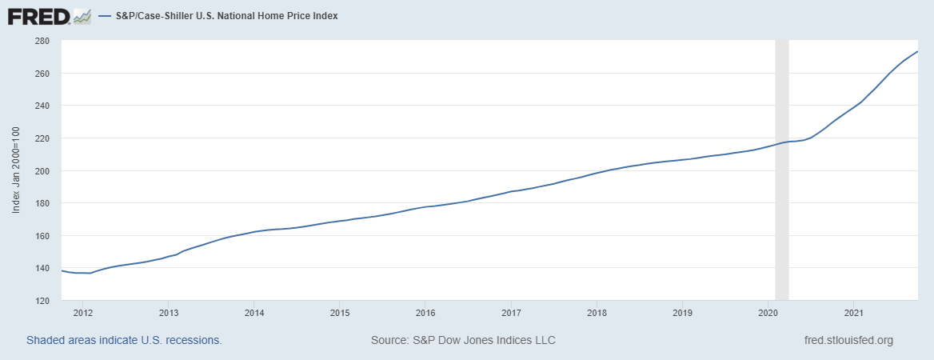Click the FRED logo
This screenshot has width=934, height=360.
[38, 15]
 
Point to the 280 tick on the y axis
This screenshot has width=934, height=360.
[43, 41]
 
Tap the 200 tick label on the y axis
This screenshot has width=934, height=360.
[43, 170]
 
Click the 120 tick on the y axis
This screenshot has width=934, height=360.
[43, 301]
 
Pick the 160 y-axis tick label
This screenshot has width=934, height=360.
[43, 236]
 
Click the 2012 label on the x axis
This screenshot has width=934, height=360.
[82, 311]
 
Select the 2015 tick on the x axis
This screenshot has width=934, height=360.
[340, 311]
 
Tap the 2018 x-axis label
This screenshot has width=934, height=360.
[597, 311]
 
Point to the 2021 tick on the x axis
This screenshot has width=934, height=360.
[854, 311]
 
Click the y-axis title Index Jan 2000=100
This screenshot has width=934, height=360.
[17, 171]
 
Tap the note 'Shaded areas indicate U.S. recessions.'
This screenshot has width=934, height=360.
[124, 340]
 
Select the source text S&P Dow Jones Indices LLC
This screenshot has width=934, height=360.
[463, 340]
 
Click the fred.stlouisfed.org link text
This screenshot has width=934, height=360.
[848, 340]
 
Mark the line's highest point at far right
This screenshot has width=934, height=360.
[917, 51]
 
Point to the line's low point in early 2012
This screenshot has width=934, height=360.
[89, 274]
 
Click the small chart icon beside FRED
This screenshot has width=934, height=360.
[82, 15]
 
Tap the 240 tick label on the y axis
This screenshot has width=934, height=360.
[43, 106]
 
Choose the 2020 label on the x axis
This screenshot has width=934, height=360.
[768, 311]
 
